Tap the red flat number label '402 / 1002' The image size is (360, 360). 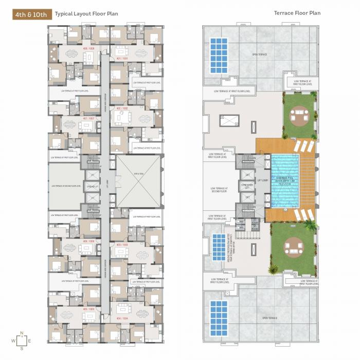[122, 109]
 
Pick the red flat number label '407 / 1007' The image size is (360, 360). [88, 118]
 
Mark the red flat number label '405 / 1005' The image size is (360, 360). [88, 309]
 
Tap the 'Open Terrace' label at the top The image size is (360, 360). [258, 54]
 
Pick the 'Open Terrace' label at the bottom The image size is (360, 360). [269, 318]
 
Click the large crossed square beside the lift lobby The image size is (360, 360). [137, 181]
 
